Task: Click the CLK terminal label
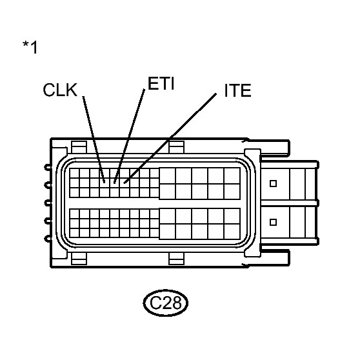click(60, 90)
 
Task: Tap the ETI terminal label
click(161, 83)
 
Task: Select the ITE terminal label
click(237, 91)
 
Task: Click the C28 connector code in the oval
click(166, 303)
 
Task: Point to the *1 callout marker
click(30, 47)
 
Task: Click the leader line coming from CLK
click(94, 139)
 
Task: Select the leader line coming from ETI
click(129, 136)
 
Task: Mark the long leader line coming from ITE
click(170, 138)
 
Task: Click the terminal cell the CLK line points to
click(105, 183)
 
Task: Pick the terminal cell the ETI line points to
click(115, 183)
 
